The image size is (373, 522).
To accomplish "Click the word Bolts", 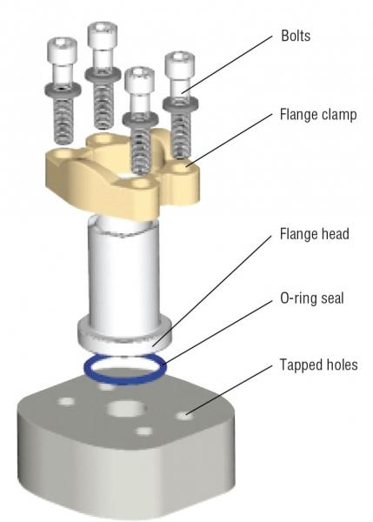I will tap(296, 37).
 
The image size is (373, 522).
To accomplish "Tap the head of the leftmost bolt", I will tap(63, 52).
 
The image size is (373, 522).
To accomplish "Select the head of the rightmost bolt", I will tap(178, 68).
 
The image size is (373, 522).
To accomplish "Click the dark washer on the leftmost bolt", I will tap(64, 89).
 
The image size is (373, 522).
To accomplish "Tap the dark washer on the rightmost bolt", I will tap(179, 103).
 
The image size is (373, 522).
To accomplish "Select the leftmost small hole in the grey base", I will tap(66, 401).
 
